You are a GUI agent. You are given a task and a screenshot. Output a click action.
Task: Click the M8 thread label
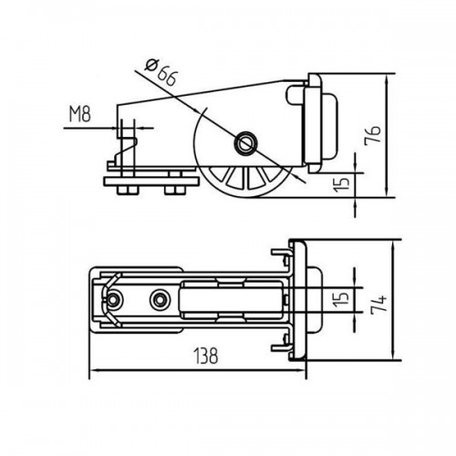pos(80,115)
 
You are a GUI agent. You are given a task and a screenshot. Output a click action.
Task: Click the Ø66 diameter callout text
pos(161,73)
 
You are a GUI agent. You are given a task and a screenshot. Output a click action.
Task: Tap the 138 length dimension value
pos(206,356)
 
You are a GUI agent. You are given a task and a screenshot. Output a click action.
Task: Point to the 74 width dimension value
pos(379,303)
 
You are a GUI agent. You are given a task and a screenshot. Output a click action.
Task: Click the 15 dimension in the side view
pos(341,184)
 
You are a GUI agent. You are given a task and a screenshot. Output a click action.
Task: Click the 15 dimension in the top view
pos(341,299)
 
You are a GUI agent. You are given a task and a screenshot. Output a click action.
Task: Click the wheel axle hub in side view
pos(244,142)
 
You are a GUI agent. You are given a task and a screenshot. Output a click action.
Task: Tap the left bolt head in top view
pos(113,300)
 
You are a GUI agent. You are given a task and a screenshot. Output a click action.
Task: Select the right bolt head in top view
pos(159,300)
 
